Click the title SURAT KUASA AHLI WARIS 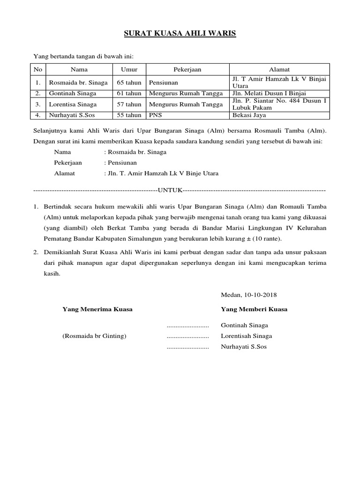[180, 34]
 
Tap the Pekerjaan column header [187, 69]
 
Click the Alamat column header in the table [279, 69]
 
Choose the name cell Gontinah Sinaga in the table [73, 93]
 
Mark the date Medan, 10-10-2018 [248, 295]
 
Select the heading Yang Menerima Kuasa [97, 309]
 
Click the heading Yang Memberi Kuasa [254, 309]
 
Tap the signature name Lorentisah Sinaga [246, 336]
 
